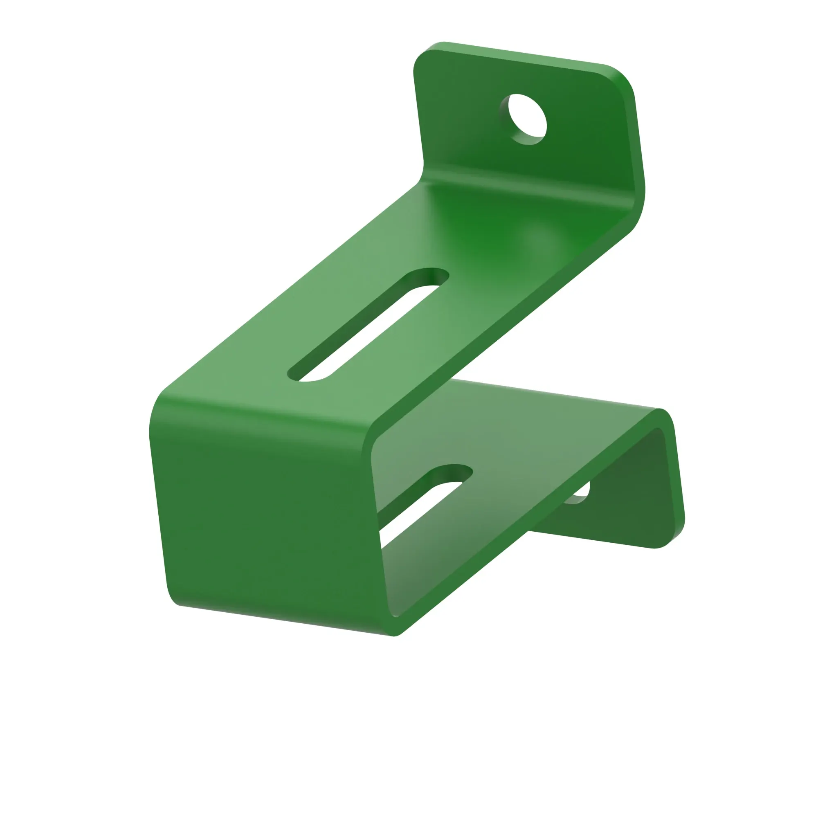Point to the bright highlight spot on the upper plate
click(x=538, y=241)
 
